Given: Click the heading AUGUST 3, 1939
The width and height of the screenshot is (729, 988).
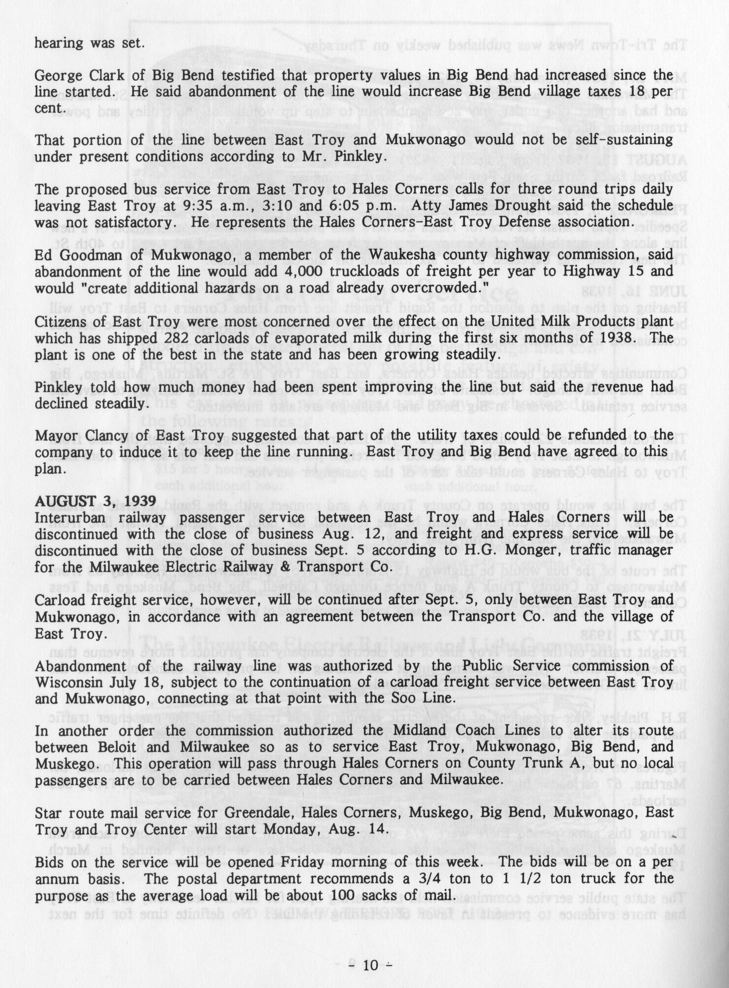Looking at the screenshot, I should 95,501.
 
